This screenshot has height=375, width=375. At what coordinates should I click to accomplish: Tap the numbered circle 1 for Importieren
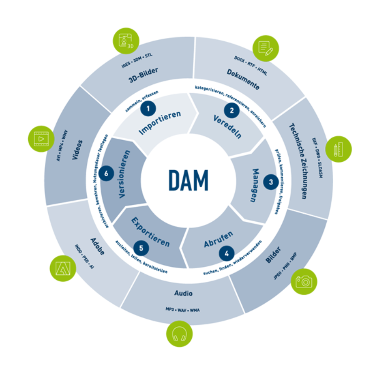(149, 109)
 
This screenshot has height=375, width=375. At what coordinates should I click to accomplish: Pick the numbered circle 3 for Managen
(270, 181)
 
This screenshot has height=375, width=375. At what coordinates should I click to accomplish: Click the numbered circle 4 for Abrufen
(227, 254)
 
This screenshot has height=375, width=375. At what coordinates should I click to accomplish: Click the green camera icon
(304, 281)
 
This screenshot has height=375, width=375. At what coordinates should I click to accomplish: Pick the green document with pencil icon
(265, 49)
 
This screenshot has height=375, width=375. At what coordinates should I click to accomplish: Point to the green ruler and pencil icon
(337, 150)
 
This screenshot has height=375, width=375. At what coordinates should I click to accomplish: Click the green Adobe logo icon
(62, 267)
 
